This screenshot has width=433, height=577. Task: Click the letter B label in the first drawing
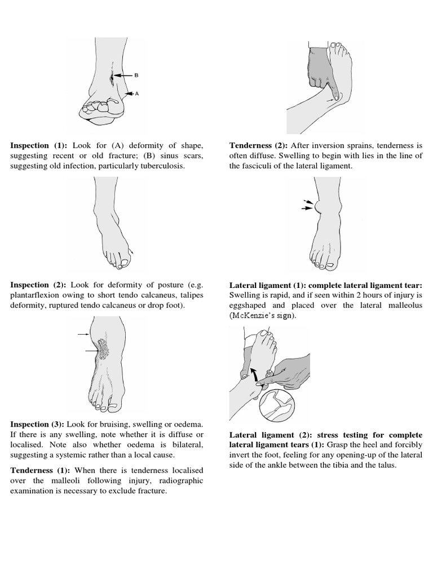pyautogui.click(x=136, y=75)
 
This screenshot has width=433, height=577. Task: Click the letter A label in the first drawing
pyautogui.click(x=136, y=94)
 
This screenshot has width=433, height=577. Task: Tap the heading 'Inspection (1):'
pyautogui.click(x=38, y=145)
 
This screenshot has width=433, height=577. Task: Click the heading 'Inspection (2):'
pyautogui.click(x=38, y=285)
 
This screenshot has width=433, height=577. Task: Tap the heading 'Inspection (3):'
pyautogui.click(x=38, y=424)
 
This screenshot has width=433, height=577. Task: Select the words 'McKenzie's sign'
pyautogui.click(x=262, y=316)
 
